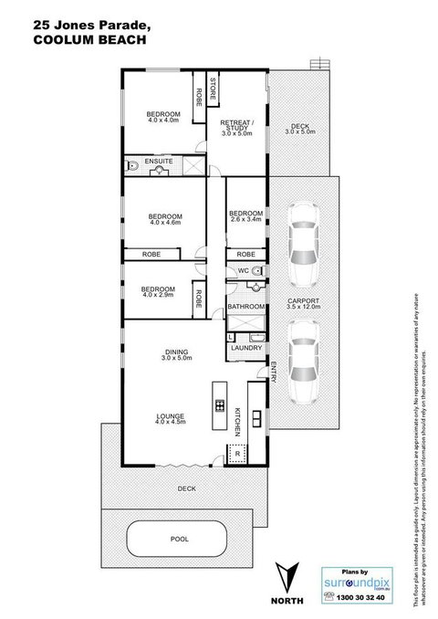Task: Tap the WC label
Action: [243, 271]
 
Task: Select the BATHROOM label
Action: [245, 306]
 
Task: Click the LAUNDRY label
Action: [247, 348]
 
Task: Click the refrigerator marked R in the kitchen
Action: [238, 452]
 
